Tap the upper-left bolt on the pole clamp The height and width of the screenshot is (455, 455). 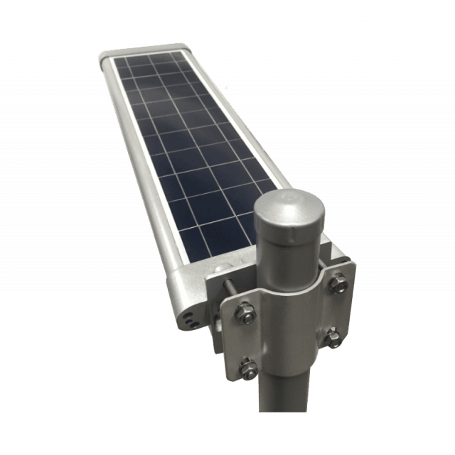tap(242, 309)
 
